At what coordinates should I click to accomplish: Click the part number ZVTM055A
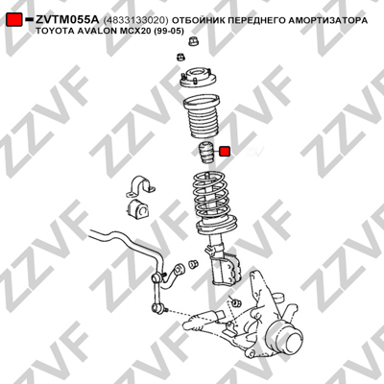(x=68, y=20)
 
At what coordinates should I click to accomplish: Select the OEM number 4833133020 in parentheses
(x=135, y=20)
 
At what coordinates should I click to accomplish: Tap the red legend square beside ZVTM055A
(x=14, y=20)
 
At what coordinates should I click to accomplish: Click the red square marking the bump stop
(x=225, y=152)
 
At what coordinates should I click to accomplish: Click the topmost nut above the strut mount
(x=193, y=41)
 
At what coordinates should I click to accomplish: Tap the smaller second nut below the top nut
(x=180, y=58)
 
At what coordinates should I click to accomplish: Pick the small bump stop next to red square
(x=204, y=153)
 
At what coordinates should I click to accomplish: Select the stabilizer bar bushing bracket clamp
(x=140, y=188)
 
